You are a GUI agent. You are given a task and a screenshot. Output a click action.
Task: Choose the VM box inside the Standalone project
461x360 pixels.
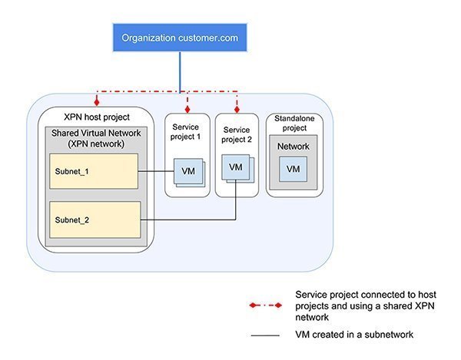click(x=293, y=168)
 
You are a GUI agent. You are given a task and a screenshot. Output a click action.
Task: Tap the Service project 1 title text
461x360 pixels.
click(x=187, y=131)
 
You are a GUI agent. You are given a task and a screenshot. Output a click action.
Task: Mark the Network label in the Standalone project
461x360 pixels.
click(x=293, y=147)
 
